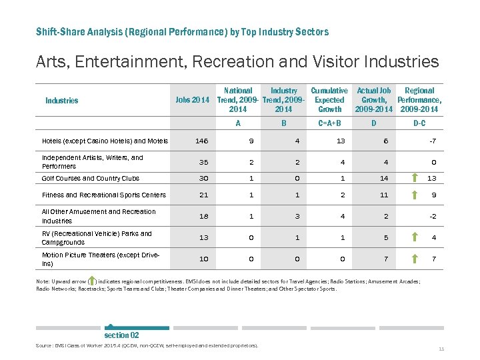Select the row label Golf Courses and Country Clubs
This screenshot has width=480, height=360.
click(x=91, y=178)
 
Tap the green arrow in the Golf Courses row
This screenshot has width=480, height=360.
click(x=414, y=178)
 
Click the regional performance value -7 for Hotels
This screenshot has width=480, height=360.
click(x=432, y=141)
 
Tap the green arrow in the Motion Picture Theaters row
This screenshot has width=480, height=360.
click(x=414, y=258)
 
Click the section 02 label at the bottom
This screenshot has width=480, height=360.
click(x=121, y=335)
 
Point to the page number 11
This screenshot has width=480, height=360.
click(x=441, y=349)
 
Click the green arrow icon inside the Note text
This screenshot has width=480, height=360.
click(x=91, y=281)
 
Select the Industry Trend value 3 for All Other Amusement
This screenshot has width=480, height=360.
click(x=283, y=216)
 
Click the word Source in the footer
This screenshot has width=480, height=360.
click(x=45, y=345)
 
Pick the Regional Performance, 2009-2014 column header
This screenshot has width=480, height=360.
click(x=419, y=100)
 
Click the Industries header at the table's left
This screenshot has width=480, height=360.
click(x=61, y=101)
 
